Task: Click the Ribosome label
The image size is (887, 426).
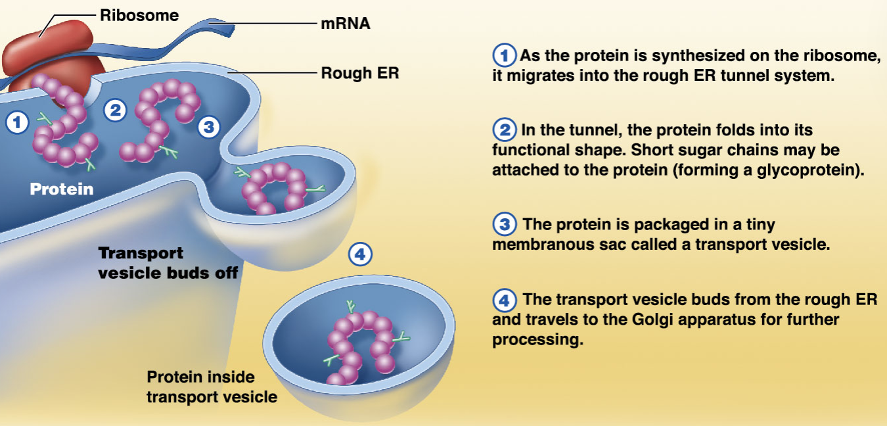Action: pyautogui.click(x=139, y=16)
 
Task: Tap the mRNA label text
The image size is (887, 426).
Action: pyautogui.click(x=346, y=24)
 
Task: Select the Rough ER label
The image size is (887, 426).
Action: pyautogui.click(x=360, y=73)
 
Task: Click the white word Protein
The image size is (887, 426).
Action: pyautogui.click(x=62, y=189)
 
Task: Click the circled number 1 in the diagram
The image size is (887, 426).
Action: pyautogui.click(x=17, y=122)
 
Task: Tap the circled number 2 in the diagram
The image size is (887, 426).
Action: pyautogui.click(x=115, y=110)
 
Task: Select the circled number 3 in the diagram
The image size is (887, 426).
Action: pyautogui.click(x=209, y=127)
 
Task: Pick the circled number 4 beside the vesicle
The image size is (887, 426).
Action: pyautogui.click(x=360, y=254)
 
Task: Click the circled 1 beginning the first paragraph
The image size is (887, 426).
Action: pyautogui.click(x=504, y=55)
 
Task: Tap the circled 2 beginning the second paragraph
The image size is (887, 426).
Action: pyautogui.click(x=504, y=130)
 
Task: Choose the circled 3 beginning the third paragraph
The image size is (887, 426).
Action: pyautogui.click(x=504, y=224)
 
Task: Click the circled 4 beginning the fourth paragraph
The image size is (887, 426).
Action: pyautogui.click(x=504, y=300)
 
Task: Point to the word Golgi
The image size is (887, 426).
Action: pyautogui.click(x=652, y=319)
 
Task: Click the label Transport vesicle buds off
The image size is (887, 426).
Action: pyautogui.click(x=168, y=263)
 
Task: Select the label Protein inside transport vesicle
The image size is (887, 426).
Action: pyautogui.click(x=212, y=387)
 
